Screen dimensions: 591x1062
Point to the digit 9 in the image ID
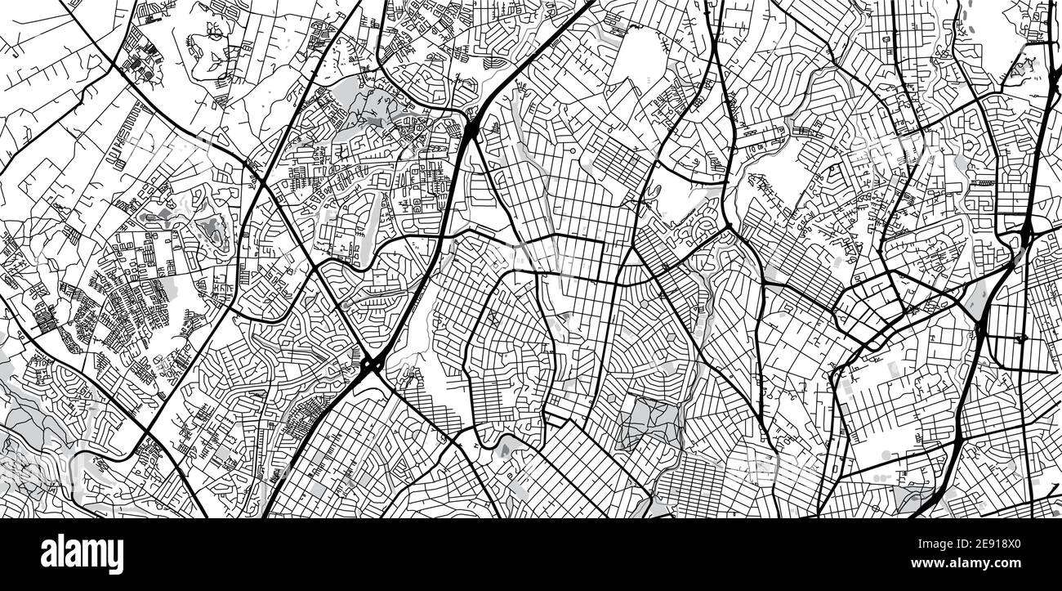(1006, 544)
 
